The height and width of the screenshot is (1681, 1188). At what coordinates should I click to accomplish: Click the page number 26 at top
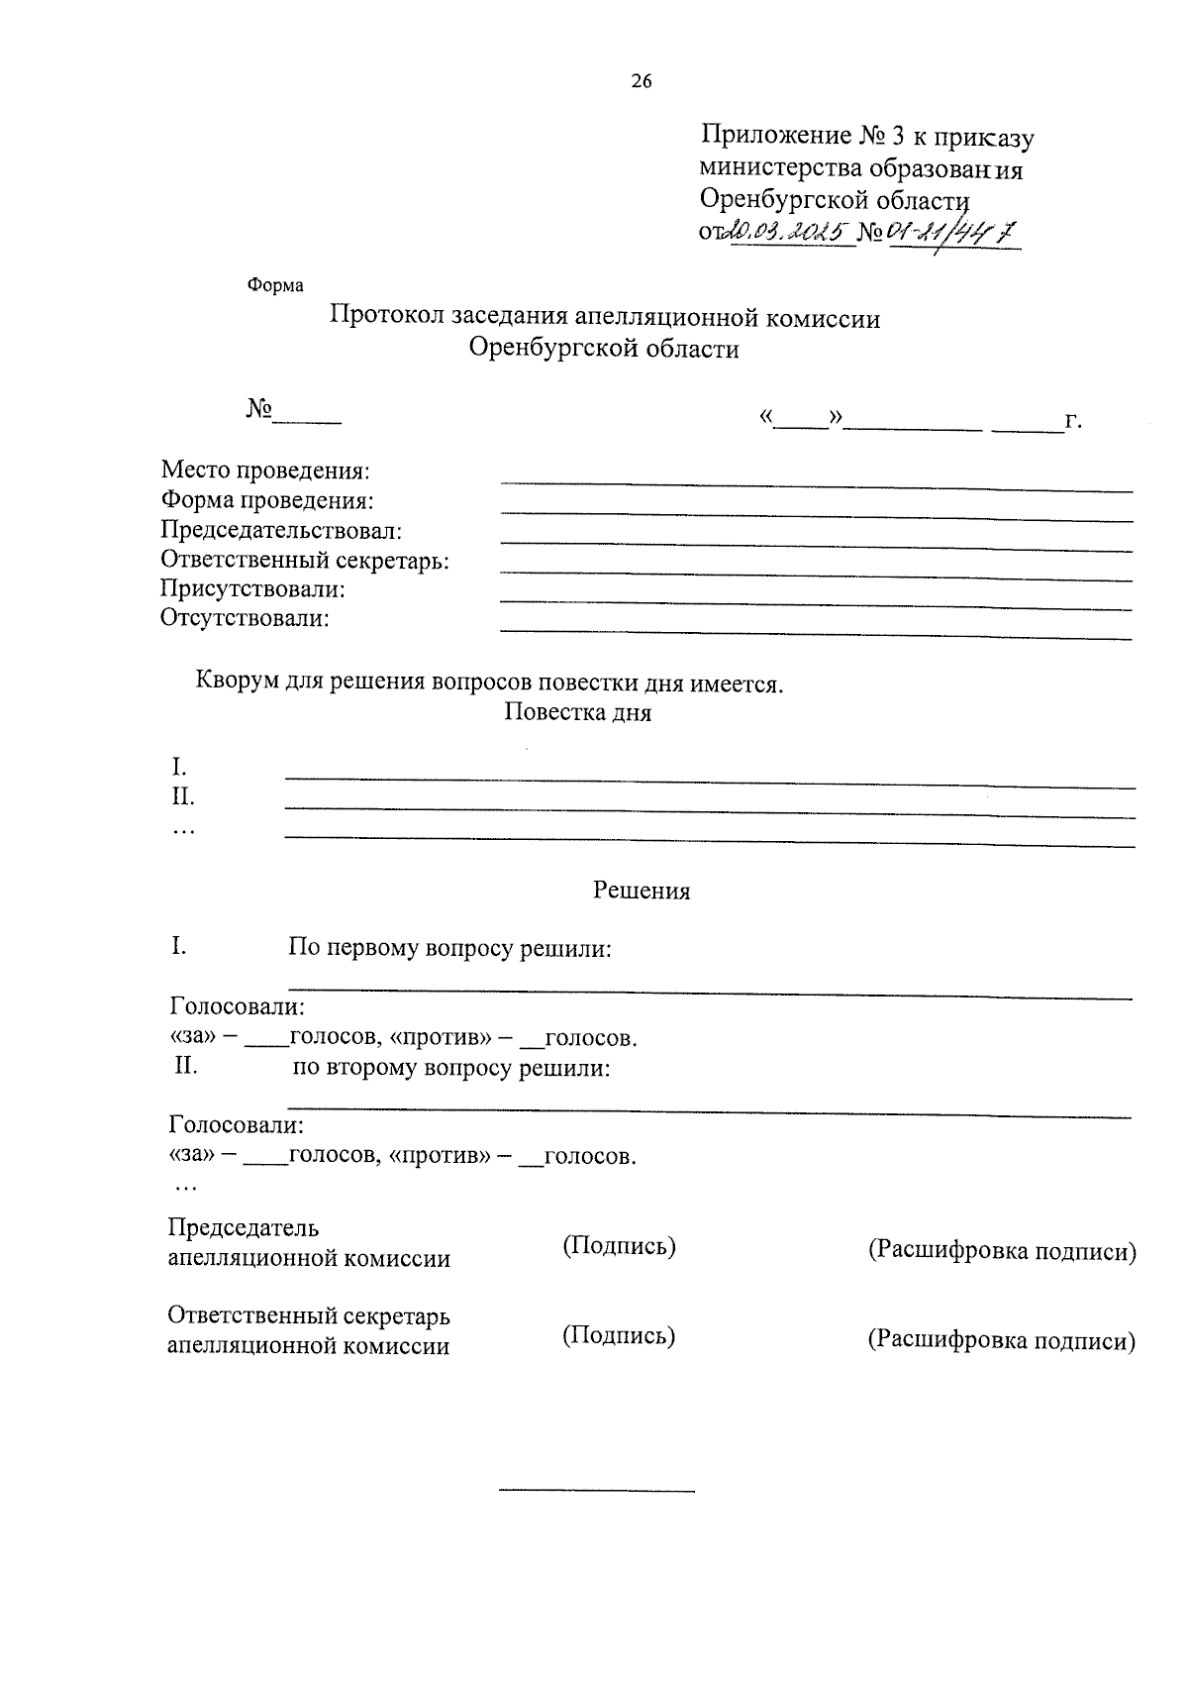641,82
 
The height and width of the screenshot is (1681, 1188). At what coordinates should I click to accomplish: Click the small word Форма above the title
275,285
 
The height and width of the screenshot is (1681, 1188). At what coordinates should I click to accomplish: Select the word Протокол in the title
387,317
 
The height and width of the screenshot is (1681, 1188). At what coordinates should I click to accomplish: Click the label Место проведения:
265,471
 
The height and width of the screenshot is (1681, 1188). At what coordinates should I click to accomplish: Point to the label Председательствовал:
281,530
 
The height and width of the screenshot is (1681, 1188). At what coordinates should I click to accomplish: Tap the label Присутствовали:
253,589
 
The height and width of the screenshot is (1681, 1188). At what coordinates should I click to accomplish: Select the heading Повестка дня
577,712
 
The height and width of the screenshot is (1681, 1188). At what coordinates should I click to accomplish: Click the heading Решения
642,890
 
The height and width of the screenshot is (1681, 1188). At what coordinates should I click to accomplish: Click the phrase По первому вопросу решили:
449,948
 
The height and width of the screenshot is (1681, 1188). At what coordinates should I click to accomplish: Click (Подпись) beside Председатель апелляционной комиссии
619,1246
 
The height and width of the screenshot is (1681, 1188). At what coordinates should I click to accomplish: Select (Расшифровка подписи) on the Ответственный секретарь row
1002,1340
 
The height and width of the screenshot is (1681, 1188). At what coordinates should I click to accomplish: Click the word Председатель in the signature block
244,1227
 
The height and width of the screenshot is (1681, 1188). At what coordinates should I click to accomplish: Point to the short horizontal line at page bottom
597,1490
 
